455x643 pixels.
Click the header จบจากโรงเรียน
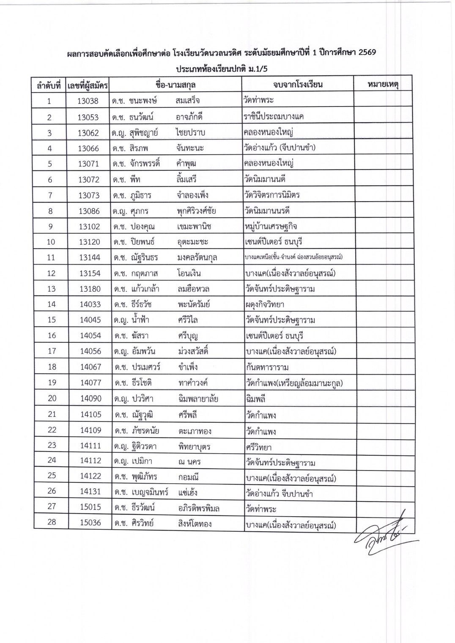[298, 85]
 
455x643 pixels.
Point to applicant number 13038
[88, 101]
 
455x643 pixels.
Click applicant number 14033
[90, 304]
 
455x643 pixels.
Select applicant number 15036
[90, 523]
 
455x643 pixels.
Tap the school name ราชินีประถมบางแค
[274, 117]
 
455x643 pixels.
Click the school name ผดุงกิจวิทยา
[265, 304]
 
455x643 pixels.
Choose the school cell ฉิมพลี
[255, 399]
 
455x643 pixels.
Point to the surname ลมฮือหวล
[194, 289]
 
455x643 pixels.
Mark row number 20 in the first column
[52, 398]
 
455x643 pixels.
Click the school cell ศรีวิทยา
[258, 447]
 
